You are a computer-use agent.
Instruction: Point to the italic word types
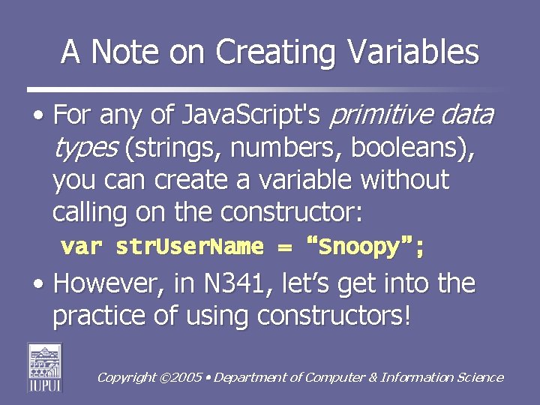click(85, 148)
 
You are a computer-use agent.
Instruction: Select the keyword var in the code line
click(82, 247)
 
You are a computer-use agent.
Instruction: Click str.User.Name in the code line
click(190, 247)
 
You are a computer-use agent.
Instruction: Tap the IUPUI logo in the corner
click(45, 367)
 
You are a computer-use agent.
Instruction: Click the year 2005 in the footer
click(189, 377)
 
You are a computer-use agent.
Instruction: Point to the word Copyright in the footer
click(126, 377)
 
